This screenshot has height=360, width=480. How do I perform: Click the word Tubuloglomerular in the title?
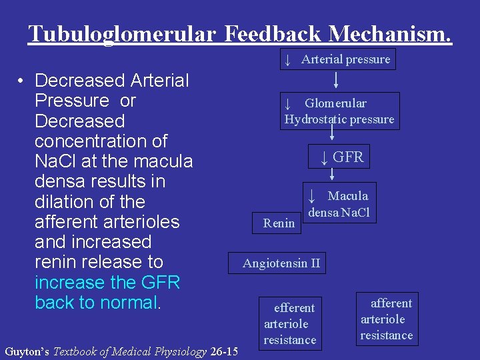coord(122,33)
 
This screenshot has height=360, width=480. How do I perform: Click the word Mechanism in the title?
coord(389,33)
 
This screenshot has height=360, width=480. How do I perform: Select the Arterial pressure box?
coord(337,59)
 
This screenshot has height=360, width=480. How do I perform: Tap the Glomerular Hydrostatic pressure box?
coord(339,111)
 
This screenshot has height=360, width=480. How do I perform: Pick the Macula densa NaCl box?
coord(339,203)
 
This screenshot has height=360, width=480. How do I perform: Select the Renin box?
coord(279,223)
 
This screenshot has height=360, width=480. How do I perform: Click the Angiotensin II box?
coord(281,263)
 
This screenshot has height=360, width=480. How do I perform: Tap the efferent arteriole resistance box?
coord(289,324)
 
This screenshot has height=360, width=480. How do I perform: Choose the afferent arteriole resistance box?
coord(387,319)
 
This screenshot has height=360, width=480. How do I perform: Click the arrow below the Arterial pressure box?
coord(337,81)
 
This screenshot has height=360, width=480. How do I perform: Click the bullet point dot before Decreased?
coord(22,81)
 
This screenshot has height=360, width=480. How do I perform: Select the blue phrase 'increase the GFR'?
coord(107,282)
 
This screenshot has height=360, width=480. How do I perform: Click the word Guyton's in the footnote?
coord(27,351)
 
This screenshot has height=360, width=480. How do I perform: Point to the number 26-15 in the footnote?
coord(223,351)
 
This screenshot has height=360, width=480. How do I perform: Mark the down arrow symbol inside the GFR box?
coord(323,158)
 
